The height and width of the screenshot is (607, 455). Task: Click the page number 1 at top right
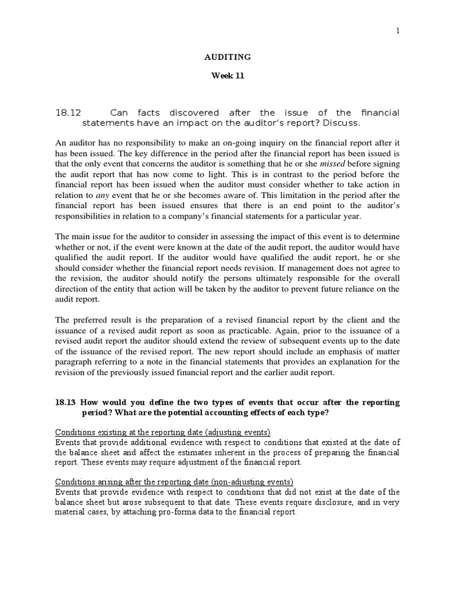tap(398, 31)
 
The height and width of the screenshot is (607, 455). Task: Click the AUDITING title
tap(227, 57)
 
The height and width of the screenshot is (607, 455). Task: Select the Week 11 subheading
tap(227, 76)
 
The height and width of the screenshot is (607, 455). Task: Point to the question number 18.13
tap(66, 402)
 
